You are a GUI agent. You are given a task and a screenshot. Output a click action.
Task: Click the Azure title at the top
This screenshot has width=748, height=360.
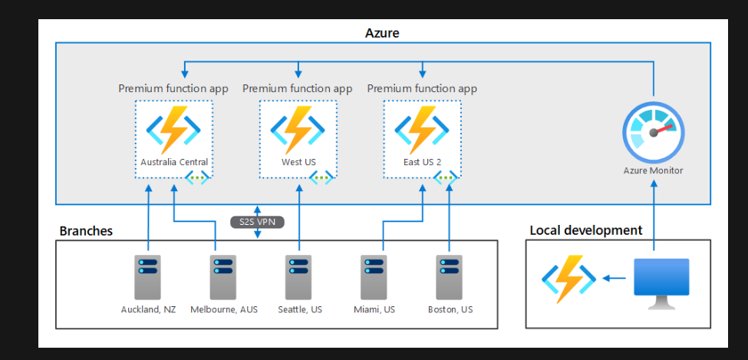click(x=382, y=33)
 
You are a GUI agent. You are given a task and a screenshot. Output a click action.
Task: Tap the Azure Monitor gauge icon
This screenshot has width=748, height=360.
click(x=653, y=132)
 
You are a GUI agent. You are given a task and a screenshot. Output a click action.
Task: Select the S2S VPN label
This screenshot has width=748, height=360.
click(x=258, y=223)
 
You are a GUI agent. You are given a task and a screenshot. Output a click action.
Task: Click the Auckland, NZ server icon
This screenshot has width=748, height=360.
click(x=148, y=277)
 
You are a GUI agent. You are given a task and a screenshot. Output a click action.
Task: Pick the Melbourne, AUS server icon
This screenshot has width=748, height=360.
click(x=223, y=277)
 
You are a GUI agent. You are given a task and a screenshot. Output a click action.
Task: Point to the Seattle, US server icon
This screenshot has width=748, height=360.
click(x=298, y=277)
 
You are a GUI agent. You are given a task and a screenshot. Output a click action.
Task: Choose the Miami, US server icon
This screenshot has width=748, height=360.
click(x=374, y=277)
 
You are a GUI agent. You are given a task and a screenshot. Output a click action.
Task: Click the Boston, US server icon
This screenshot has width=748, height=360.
click(x=450, y=277)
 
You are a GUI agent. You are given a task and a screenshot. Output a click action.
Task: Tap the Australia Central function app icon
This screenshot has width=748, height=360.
click(x=174, y=129)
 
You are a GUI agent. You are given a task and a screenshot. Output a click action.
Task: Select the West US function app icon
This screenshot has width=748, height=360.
click(x=298, y=129)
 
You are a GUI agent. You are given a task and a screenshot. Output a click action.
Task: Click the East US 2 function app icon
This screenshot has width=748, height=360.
click(x=422, y=129)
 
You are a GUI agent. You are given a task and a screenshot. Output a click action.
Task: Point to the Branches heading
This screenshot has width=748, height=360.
click(x=86, y=231)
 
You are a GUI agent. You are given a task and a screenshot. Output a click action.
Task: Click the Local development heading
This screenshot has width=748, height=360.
click(x=586, y=230)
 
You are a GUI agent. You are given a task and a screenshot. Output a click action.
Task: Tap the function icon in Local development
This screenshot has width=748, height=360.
click(x=568, y=278)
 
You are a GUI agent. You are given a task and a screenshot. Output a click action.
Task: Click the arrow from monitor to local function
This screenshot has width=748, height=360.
click(x=613, y=278)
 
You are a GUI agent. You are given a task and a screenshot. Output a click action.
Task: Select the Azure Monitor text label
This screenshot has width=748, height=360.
click(x=653, y=170)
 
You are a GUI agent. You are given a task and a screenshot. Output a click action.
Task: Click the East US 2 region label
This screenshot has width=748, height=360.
click(x=422, y=162)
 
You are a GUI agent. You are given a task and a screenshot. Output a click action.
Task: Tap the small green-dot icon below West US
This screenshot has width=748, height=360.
click(x=321, y=177)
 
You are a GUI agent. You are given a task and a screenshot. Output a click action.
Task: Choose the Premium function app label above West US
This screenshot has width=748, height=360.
click(x=298, y=88)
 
